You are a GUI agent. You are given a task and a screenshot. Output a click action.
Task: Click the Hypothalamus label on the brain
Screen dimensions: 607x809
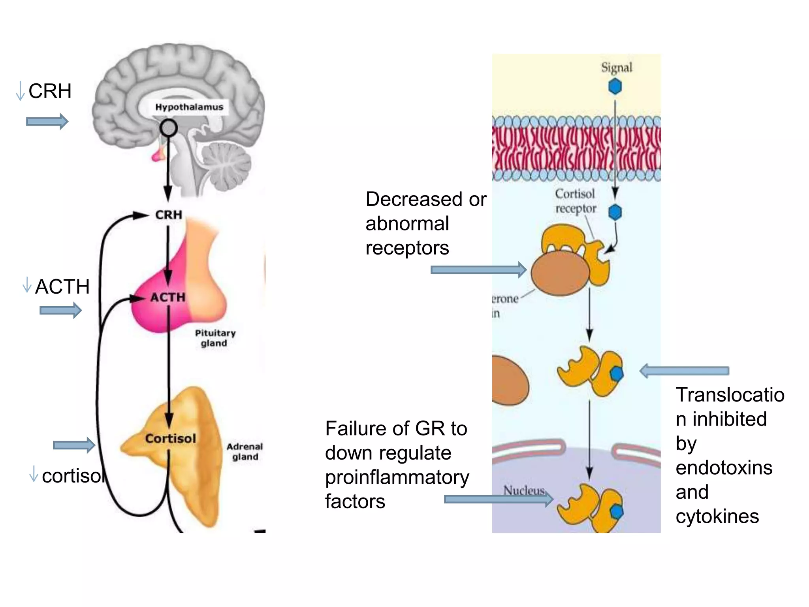click(189, 107)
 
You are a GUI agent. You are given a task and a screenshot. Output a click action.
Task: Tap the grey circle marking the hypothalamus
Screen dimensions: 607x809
click(169, 128)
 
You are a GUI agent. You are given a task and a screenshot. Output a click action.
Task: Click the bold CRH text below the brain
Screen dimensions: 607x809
click(169, 215)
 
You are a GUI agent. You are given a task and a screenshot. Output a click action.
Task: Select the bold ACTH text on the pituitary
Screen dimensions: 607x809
click(168, 297)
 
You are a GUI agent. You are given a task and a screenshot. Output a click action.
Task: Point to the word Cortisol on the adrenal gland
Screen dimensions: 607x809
click(170, 438)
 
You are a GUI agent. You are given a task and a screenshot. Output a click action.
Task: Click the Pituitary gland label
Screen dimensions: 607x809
click(215, 338)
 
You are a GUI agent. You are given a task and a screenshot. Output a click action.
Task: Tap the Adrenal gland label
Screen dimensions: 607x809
click(245, 451)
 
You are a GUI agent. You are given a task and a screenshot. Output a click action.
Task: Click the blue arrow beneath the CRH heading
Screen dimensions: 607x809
click(47, 121)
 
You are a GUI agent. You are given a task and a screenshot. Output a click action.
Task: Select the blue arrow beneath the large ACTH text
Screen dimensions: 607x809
click(60, 310)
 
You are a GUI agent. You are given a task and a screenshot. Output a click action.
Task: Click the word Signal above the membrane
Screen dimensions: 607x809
click(616, 68)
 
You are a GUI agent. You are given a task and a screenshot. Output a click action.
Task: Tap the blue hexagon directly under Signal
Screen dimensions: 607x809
click(615, 86)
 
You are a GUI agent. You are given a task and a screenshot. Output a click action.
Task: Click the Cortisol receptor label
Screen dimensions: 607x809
click(575, 201)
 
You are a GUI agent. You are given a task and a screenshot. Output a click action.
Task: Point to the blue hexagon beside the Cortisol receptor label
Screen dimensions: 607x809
click(615, 212)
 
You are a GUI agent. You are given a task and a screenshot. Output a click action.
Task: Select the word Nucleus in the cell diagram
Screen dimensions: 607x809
click(524, 490)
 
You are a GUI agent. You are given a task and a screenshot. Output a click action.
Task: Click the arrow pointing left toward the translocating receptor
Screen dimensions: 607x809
click(684, 371)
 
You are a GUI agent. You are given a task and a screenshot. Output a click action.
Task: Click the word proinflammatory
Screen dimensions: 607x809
click(397, 477)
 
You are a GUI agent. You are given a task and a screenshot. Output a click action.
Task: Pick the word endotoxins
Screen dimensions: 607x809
click(724, 468)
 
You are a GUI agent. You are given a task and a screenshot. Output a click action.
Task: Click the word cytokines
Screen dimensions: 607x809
click(717, 517)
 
